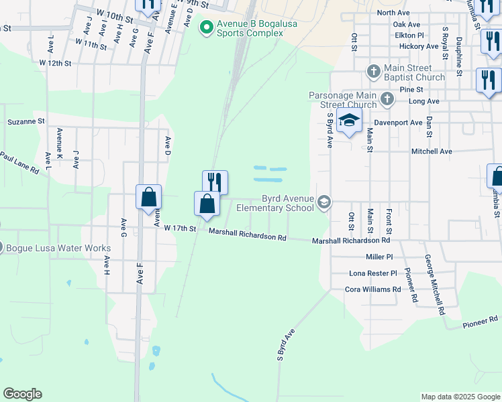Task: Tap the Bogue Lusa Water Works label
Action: (x=58, y=248)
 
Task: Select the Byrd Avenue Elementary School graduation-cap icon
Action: (x=325, y=202)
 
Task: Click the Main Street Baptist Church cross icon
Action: (x=374, y=71)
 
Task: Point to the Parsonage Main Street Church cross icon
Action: (x=387, y=100)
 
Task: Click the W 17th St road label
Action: (x=180, y=228)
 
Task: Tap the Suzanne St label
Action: (x=26, y=122)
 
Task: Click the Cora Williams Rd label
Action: (x=372, y=289)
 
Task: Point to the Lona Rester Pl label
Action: (x=373, y=273)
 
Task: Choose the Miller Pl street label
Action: (x=379, y=257)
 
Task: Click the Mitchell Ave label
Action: (x=432, y=151)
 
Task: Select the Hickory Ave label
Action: (x=419, y=46)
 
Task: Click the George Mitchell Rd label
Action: (x=434, y=285)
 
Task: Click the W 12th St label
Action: (x=55, y=62)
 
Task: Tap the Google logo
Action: (x=22, y=394)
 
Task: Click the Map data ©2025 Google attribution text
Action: (x=460, y=397)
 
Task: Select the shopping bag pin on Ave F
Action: (x=149, y=198)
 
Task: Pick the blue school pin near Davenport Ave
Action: (x=349, y=122)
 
